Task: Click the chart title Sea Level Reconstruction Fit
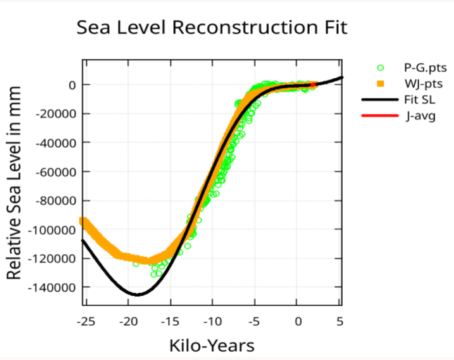pyautogui.click(x=211, y=27)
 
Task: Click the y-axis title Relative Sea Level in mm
pyautogui.click(x=14, y=183)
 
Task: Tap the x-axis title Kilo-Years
pyautogui.click(x=211, y=345)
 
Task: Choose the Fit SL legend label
pyautogui.click(x=420, y=99)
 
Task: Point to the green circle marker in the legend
pyautogui.click(x=381, y=67)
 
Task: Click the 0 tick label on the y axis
pyautogui.click(x=72, y=85)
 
